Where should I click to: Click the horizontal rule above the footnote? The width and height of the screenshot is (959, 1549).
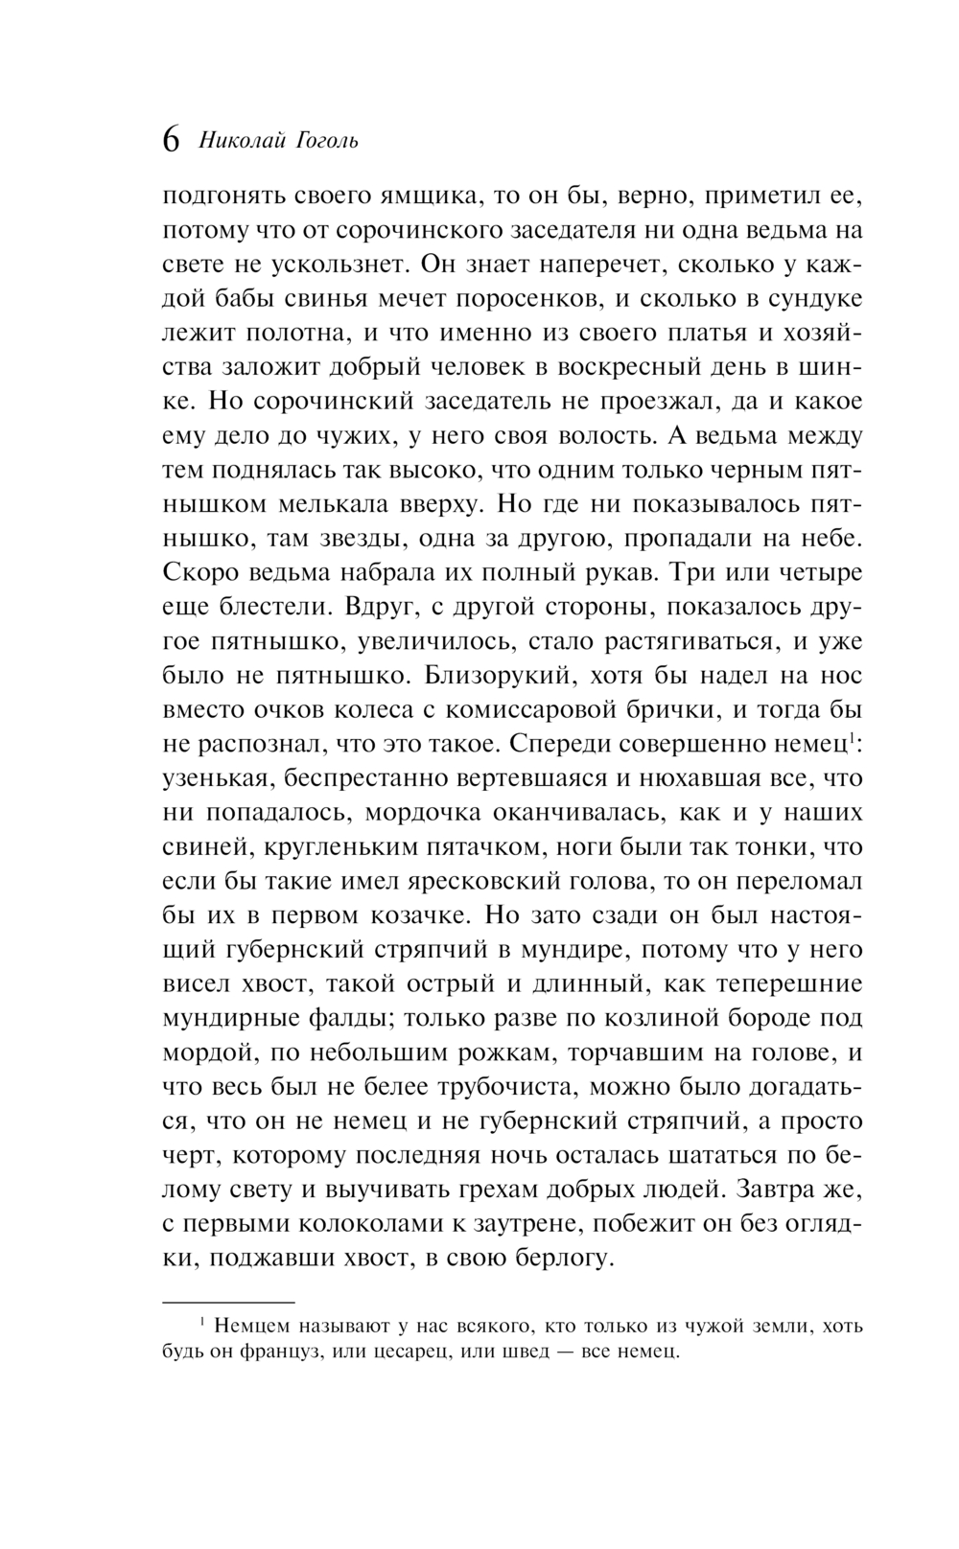pyautogui.click(x=227, y=1303)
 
